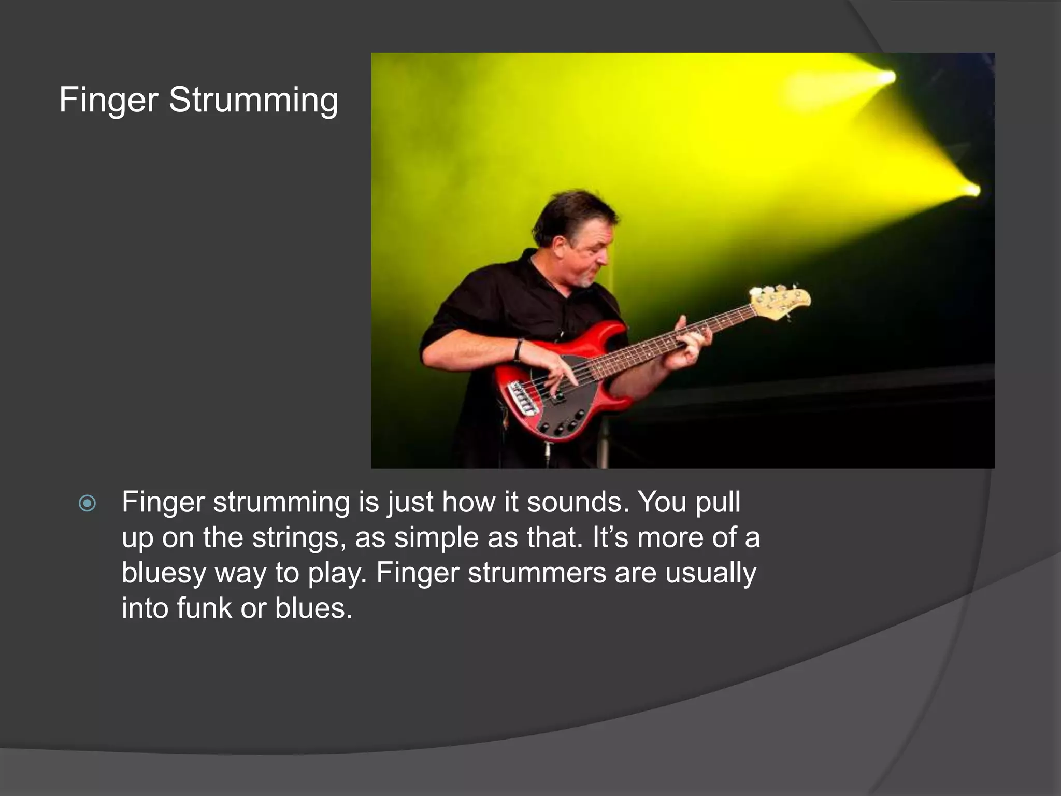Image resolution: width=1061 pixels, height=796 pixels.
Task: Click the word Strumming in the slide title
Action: pyautogui.click(x=253, y=99)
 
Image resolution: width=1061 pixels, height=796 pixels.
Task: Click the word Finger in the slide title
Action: pyautogui.click(x=108, y=99)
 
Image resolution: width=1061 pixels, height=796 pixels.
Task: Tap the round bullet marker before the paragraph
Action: pyautogui.click(x=87, y=503)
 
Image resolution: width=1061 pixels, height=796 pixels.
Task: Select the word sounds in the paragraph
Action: pyautogui.click(x=575, y=502)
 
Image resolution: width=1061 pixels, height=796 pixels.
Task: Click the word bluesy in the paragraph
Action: pyautogui.click(x=164, y=573)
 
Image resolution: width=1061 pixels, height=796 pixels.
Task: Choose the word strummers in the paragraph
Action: pyautogui.click(x=537, y=573)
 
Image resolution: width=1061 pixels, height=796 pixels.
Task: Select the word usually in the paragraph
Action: pyautogui.click(x=711, y=573)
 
